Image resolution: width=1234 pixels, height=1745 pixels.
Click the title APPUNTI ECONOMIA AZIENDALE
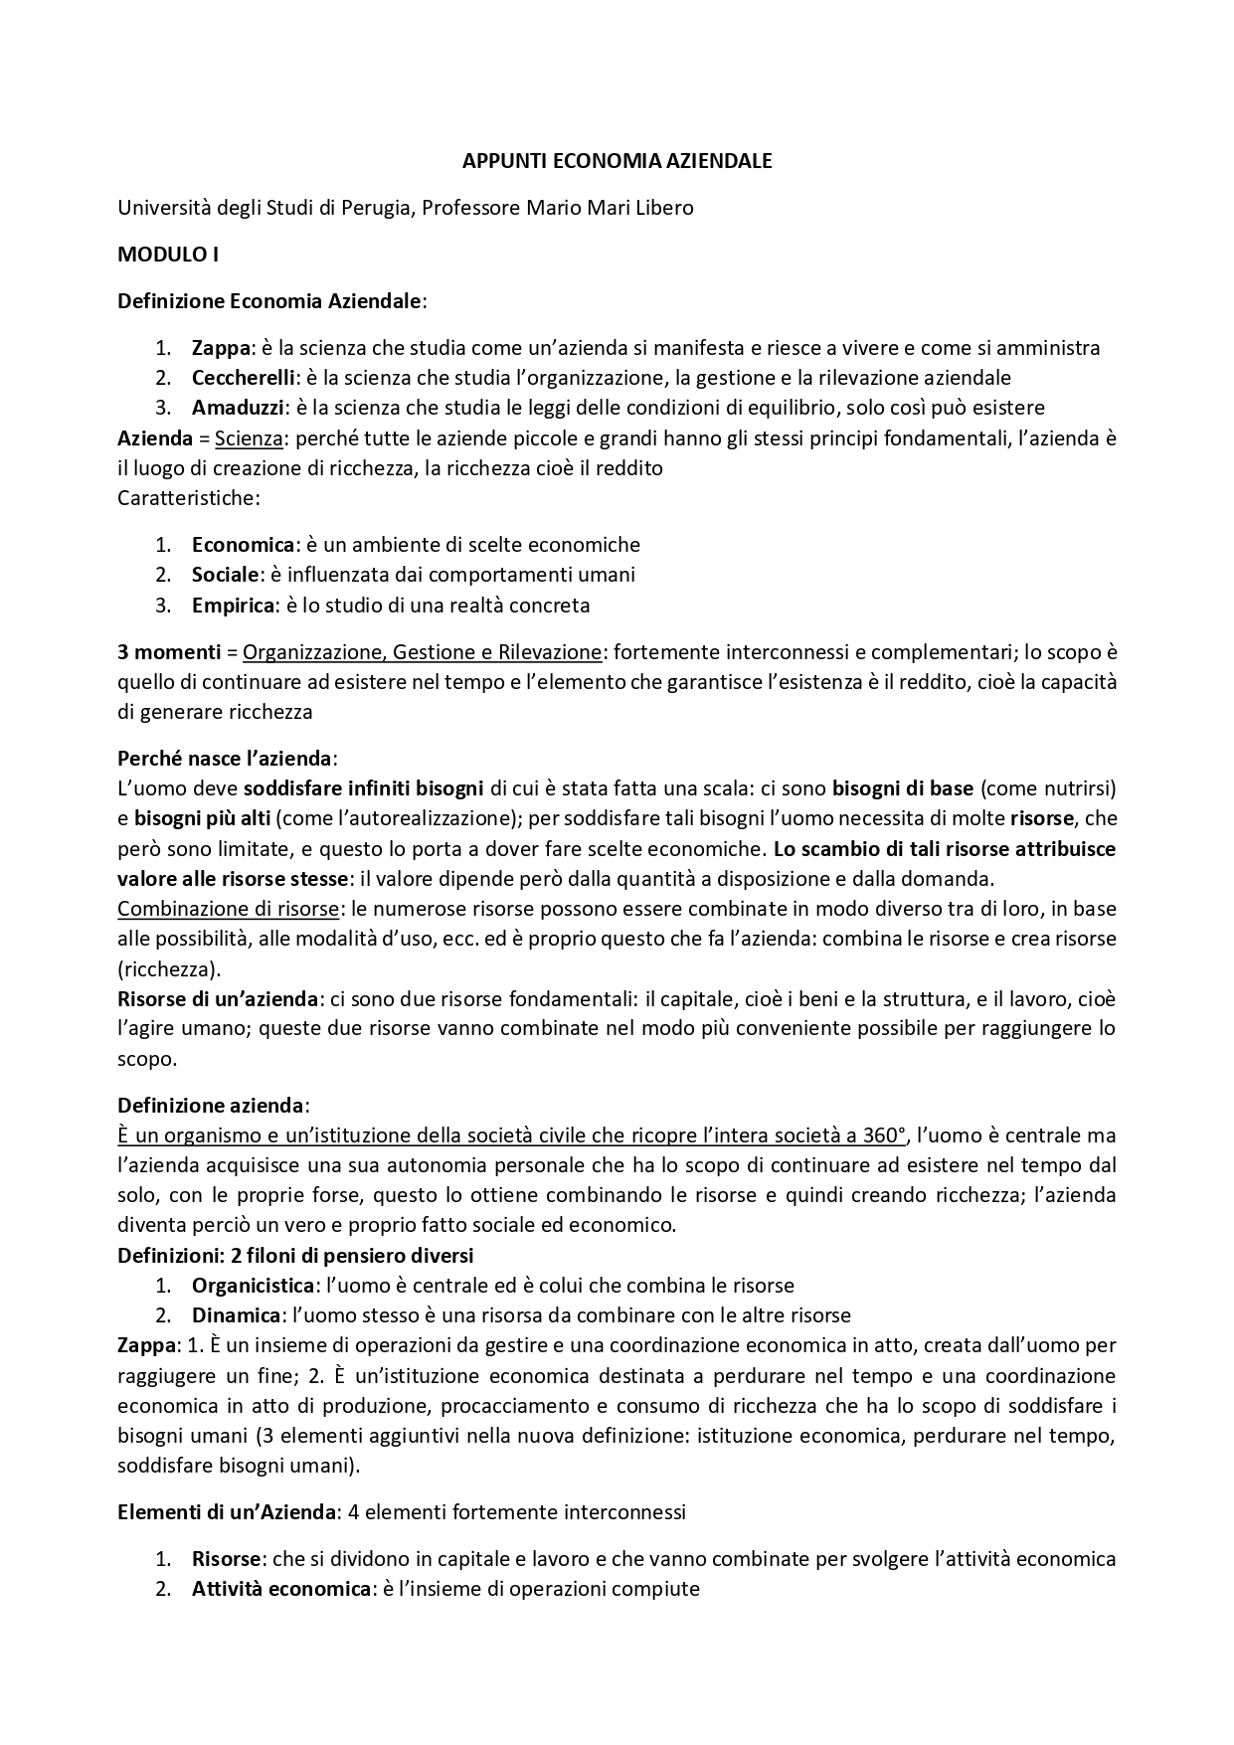click(x=617, y=160)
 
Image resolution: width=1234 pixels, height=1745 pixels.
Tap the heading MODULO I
click(x=168, y=254)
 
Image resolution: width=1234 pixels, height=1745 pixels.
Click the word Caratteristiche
click(x=188, y=497)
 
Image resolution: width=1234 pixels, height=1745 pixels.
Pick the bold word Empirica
click(x=233, y=605)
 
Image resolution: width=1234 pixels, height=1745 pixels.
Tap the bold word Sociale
click(x=226, y=575)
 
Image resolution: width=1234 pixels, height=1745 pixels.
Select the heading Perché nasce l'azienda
click(x=226, y=759)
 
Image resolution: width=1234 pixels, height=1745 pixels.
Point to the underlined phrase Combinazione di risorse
click(x=228, y=909)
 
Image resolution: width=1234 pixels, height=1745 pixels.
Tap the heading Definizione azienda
click(x=211, y=1106)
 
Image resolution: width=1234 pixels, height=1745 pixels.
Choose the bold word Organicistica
click(x=254, y=1286)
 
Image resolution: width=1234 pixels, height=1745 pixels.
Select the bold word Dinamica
click(x=236, y=1315)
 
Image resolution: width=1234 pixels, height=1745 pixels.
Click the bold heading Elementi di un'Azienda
click(x=227, y=1512)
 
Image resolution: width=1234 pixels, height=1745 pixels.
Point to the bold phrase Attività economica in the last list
click(x=281, y=1589)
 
